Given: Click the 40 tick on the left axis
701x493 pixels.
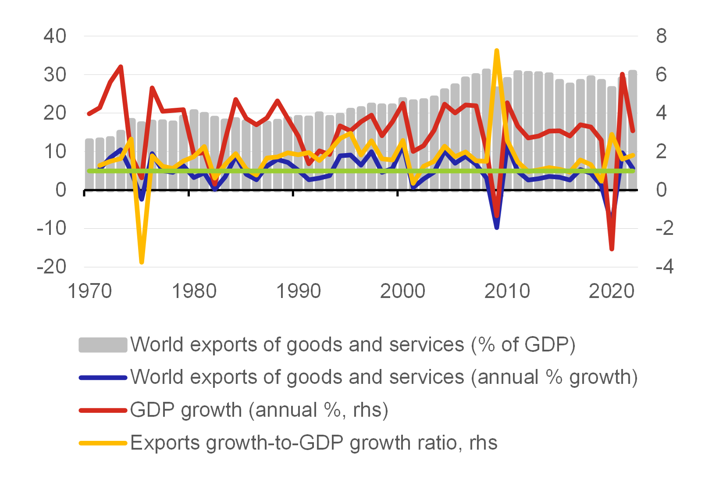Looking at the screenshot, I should (55, 36).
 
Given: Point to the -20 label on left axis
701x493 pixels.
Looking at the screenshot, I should (52, 266).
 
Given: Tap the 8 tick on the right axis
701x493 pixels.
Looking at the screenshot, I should (661, 36).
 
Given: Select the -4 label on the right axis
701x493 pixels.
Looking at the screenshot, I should (664, 266).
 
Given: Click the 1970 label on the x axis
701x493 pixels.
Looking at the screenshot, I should (89, 291).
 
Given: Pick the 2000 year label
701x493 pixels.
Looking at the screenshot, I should (402, 291).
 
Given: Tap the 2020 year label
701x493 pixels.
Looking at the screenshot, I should (611, 291).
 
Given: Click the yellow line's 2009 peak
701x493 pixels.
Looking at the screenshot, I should (496, 51).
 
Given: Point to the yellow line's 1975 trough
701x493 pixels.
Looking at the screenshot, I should (141, 262).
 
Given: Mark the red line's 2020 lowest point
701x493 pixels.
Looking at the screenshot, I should (612, 249).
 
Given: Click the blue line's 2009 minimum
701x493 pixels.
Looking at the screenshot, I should (496, 227).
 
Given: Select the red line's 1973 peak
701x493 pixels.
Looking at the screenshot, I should (121, 67).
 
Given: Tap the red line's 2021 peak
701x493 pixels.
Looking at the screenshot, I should (622, 74).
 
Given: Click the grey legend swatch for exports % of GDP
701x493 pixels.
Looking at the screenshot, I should (103, 345).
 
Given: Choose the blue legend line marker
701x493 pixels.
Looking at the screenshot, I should (103, 377).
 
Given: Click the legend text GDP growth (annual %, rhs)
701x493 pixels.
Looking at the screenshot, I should (259, 410).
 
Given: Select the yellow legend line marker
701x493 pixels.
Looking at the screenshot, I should (103, 443).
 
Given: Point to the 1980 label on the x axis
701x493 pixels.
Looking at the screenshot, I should (194, 291).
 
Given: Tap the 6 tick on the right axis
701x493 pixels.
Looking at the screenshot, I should (661, 75).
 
